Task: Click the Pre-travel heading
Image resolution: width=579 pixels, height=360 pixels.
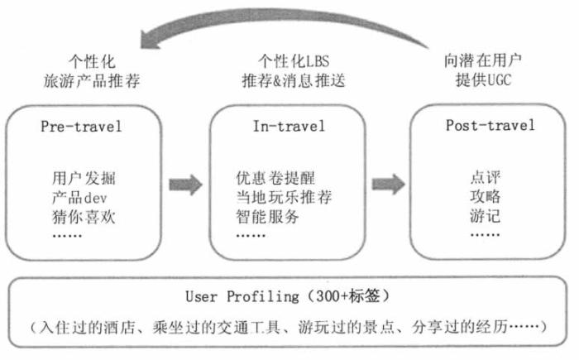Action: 81,127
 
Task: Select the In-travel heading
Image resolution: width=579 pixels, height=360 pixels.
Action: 289,127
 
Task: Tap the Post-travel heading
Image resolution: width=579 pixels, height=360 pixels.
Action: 490,126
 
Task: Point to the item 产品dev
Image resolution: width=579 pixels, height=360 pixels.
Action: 80,196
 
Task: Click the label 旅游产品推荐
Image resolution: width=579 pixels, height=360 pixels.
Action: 90,82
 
